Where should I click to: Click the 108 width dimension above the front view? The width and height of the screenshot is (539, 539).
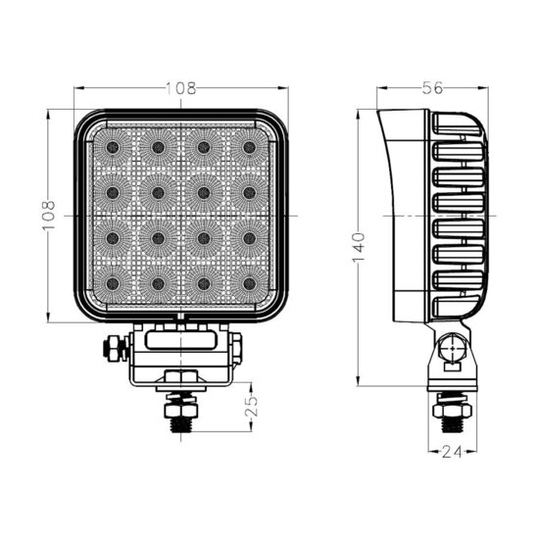point(181,88)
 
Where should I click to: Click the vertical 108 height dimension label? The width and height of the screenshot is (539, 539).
point(49,216)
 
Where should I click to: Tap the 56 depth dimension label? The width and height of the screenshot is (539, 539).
point(432,88)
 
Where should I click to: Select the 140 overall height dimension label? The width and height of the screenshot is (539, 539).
point(358,247)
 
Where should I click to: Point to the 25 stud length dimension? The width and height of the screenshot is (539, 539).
point(252,407)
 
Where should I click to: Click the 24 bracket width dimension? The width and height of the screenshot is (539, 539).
point(452,453)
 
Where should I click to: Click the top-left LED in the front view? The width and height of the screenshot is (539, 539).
point(113,147)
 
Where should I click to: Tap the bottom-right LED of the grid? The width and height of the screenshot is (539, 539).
point(249,283)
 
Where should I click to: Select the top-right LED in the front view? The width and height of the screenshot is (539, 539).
point(249,147)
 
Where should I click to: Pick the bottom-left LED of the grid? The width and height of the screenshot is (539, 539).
point(113,283)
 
